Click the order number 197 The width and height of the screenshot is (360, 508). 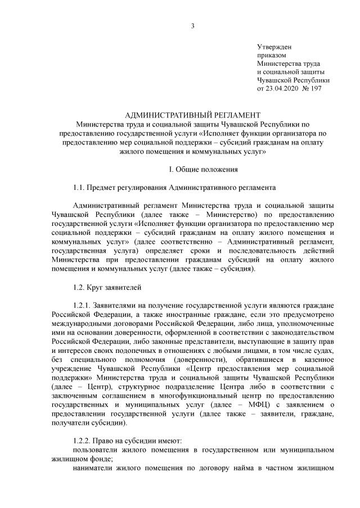click(x=317, y=89)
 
